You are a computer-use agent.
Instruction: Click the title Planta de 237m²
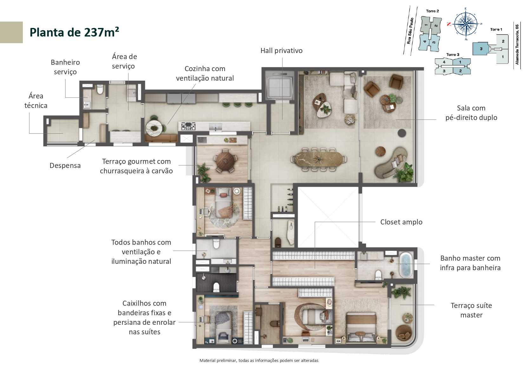[x=74, y=32]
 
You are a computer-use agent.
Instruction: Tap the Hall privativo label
[x=281, y=50]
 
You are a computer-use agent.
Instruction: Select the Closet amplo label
[x=401, y=222]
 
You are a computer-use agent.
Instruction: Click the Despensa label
[x=65, y=165]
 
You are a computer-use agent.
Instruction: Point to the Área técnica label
[x=36, y=101]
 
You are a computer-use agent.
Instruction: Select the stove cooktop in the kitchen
[x=188, y=126]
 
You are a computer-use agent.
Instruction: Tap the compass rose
[x=465, y=24]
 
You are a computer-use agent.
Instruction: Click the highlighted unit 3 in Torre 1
[x=481, y=49]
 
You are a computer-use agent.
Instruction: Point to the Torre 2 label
[x=432, y=11]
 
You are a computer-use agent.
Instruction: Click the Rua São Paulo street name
[x=410, y=31]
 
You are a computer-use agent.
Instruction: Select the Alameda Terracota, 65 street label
[x=517, y=44]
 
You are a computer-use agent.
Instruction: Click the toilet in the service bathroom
[x=100, y=90]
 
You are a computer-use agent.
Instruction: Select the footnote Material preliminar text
[x=259, y=360]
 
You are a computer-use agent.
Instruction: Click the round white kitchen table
[x=154, y=128]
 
